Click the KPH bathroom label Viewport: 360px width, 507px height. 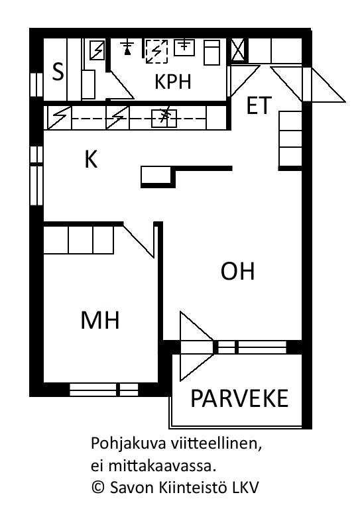tap(173, 82)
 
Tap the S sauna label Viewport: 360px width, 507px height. tap(58, 72)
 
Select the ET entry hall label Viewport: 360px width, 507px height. tap(259, 105)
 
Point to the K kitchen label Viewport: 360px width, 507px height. tap(91, 159)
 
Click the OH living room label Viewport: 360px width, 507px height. tap(238, 271)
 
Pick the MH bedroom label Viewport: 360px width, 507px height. tap(100, 320)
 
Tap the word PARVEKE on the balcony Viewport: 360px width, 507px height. tap(239, 398)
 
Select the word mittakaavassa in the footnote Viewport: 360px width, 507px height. tap(162, 467)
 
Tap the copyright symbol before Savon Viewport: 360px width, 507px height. tap(98, 488)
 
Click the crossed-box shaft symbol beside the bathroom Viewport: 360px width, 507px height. tap(239, 49)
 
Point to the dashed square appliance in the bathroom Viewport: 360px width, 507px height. tap(156, 52)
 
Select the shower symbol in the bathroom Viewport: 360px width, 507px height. tap(128, 48)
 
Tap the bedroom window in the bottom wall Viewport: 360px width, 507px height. tap(104, 389)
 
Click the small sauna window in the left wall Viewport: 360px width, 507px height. tap(36, 85)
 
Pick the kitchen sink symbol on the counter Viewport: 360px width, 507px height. tap(164, 119)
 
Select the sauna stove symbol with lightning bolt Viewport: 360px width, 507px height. tap(97, 50)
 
